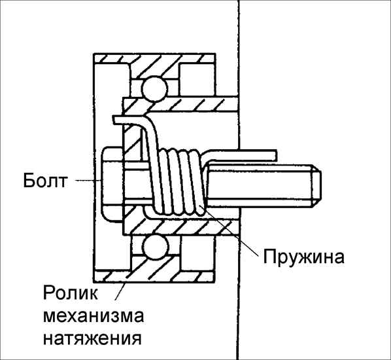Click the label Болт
click(x=45, y=181)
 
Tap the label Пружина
click(x=304, y=257)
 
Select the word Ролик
click(x=71, y=293)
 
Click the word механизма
click(x=93, y=315)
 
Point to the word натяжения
click(x=92, y=339)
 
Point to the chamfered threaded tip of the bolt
click(x=316, y=185)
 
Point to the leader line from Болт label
click(x=88, y=181)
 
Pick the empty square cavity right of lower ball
click(x=197, y=253)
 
